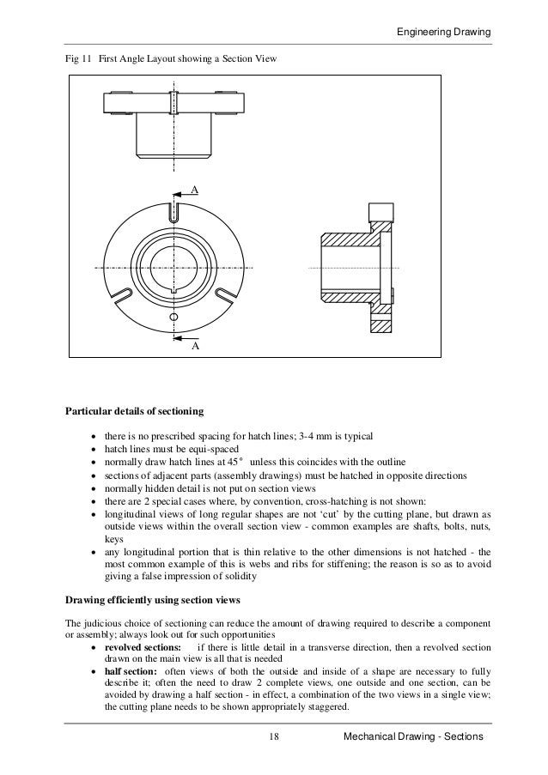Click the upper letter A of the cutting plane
click(194, 189)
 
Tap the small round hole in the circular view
click(174, 318)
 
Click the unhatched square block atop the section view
click(377, 212)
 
